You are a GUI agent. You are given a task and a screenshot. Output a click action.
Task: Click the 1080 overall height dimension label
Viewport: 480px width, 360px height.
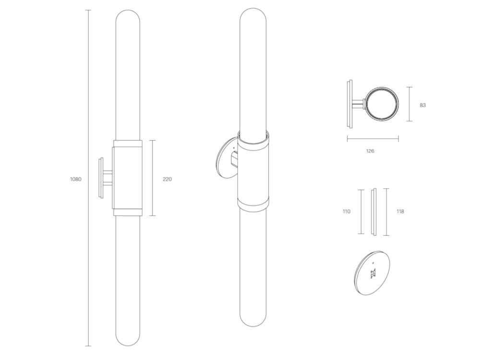76,179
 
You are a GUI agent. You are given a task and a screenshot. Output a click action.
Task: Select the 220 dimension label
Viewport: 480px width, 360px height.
167,179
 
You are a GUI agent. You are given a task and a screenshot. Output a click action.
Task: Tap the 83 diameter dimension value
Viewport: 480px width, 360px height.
422,105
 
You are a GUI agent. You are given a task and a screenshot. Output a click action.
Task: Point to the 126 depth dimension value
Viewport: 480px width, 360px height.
370,151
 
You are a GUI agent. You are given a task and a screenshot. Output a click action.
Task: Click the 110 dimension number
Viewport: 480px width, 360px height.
347,211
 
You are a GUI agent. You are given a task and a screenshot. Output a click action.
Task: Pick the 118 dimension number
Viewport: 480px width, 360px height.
400,211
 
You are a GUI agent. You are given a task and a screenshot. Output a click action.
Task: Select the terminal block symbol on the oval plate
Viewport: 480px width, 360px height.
373,273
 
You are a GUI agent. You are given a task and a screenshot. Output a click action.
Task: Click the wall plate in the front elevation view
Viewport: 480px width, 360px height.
101,178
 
